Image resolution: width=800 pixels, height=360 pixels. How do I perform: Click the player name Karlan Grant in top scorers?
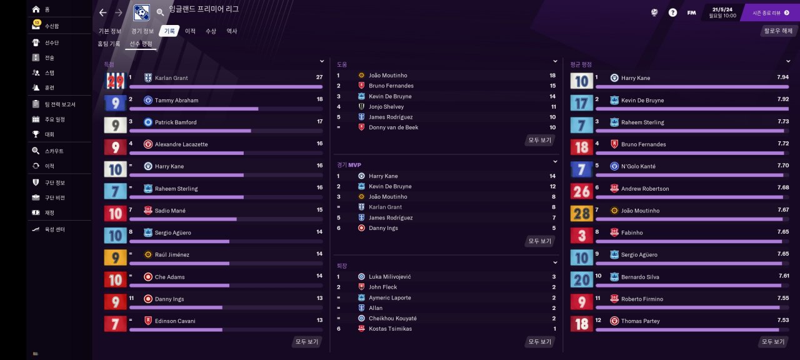pyautogui.click(x=171, y=78)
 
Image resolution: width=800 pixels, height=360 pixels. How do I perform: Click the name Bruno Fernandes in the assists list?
pyautogui.click(x=391, y=86)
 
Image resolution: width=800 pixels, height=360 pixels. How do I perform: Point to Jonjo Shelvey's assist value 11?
pyautogui.click(x=552, y=107)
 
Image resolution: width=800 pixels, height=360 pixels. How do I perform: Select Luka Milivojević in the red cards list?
pyautogui.click(x=389, y=276)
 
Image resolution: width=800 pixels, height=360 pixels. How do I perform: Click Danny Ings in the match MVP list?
pyautogui.click(x=383, y=228)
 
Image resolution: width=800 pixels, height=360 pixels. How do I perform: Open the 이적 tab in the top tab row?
pyautogui.click(x=190, y=31)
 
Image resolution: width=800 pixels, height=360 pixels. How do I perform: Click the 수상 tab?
pyautogui.click(x=211, y=31)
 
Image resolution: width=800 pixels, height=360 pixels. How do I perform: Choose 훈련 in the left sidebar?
pyautogui.click(x=49, y=88)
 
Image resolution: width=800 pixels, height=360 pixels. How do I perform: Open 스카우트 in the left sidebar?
pyautogui.click(x=54, y=151)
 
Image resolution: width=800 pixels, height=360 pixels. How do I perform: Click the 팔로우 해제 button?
pyautogui.click(x=777, y=31)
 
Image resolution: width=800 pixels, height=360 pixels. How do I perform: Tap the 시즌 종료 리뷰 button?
pyautogui.click(x=771, y=12)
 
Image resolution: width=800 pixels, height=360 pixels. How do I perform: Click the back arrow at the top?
pyautogui.click(x=103, y=12)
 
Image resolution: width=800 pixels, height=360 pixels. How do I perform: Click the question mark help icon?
pyautogui.click(x=672, y=12)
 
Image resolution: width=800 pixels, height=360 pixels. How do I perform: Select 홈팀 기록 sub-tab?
pyautogui.click(x=109, y=44)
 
